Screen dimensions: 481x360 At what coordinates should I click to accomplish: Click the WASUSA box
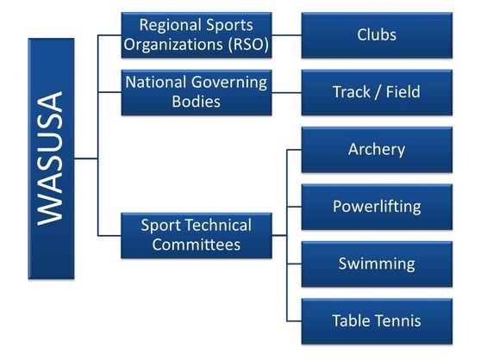51,158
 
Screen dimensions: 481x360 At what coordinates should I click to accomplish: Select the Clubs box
377,35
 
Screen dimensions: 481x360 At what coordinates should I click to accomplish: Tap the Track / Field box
377,92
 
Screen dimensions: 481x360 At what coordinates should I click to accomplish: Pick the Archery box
377,150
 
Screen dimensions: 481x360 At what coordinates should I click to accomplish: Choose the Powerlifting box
377,207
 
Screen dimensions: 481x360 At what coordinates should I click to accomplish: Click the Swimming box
377,264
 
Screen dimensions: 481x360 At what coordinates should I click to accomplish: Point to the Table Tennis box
377,321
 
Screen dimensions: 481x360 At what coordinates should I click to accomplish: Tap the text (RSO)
248,45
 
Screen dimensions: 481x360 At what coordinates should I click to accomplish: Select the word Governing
229,83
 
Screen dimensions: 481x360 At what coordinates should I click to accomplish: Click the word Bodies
196,102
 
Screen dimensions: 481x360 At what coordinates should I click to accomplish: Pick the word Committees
196,245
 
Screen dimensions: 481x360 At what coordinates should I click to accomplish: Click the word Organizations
173,45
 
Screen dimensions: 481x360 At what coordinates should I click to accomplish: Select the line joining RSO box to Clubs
286,35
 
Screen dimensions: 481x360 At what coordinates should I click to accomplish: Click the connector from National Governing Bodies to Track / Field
286,92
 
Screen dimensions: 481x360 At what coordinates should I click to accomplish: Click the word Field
403,92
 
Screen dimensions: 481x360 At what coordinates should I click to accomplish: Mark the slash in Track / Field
378,92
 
